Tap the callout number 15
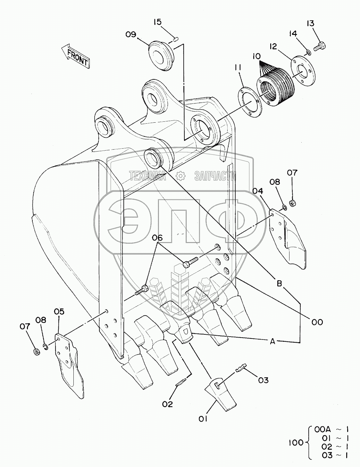click(x=157, y=22)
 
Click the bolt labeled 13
click(x=319, y=47)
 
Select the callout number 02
click(x=167, y=404)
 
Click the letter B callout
click(x=280, y=283)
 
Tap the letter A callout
click(x=272, y=342)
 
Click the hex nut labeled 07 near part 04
click(x=292, y=203)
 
